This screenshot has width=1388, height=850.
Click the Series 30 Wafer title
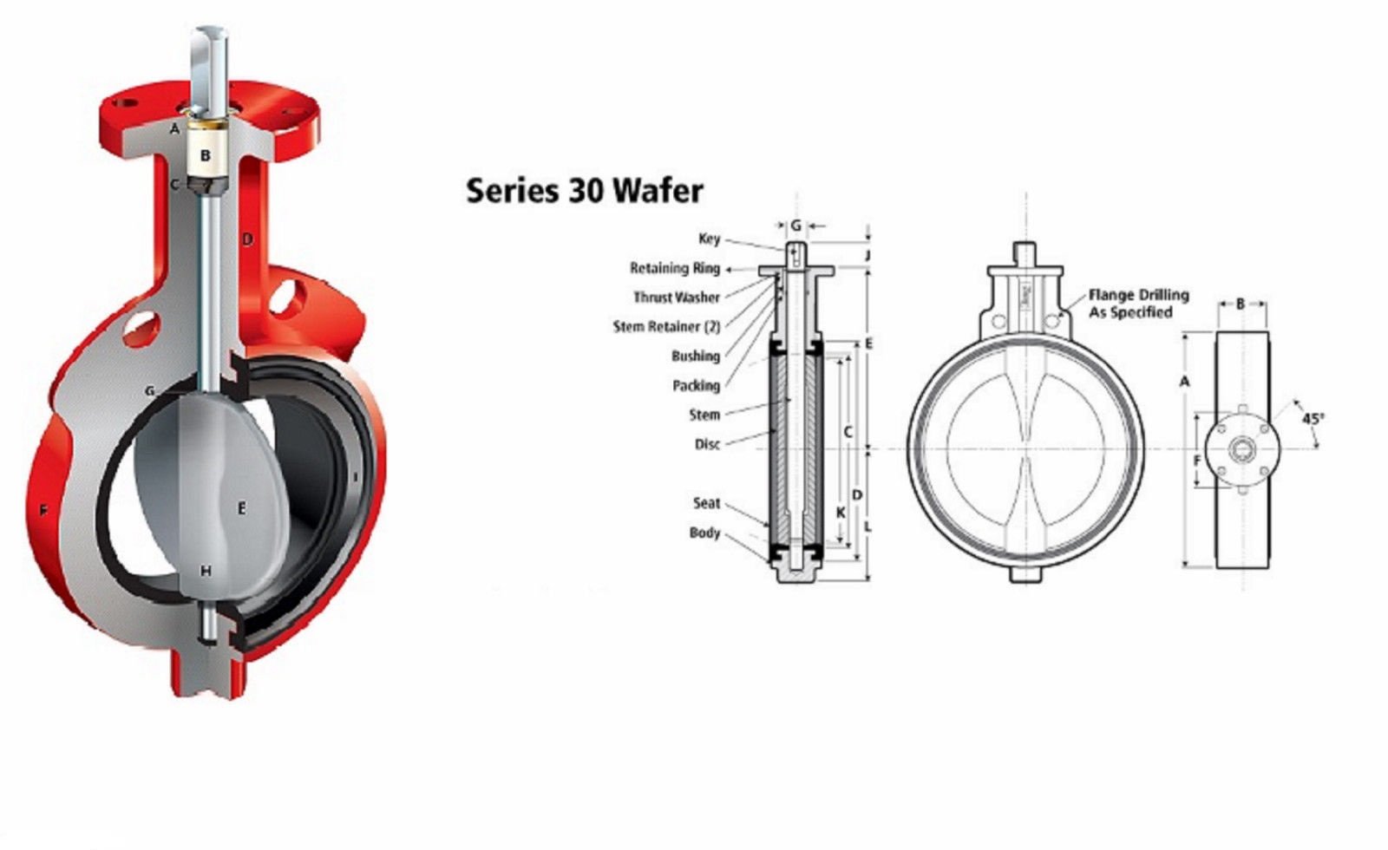pyautogui.click(x=584, y=190)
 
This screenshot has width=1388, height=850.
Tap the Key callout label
pyautogui.click(x=709, y=239)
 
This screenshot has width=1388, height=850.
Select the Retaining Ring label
pyautogui.click(x=674, y=268)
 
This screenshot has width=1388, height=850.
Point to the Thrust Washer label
pyautogui.click(x=676, y=297)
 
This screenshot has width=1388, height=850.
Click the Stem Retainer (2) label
pyautogui.click(x=666, y=327)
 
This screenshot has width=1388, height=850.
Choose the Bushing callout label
pyautogui.click(x=695, y=356)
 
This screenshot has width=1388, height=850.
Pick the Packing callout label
pyautogui.click(x=696, y=386)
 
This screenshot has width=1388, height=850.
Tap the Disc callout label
pyautogui.click(x=707, y=444)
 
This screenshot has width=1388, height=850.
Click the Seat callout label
pyautogui.click(x=706, y=503)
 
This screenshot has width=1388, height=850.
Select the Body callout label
pyautogui.click(x=704, y=533)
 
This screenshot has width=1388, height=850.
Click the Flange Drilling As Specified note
pyautogui.click(x=1137, y=304)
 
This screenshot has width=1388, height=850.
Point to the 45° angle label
pyautogui.click(x=1313, y=419)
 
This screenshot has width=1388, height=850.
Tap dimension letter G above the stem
pyautogui.click(x=795, y=226)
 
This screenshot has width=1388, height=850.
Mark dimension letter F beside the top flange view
pyautogui.click(x=1197, y=460)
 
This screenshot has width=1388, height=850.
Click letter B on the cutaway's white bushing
pyautogui.click(x=206, y=156)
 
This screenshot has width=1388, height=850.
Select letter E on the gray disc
pyautogui.click(x=241, y=507)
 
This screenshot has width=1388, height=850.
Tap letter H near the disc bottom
pyautogui.click(x=206, y=571)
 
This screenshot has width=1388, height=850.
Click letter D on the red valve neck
pyautogui.click(x=247, y=239)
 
